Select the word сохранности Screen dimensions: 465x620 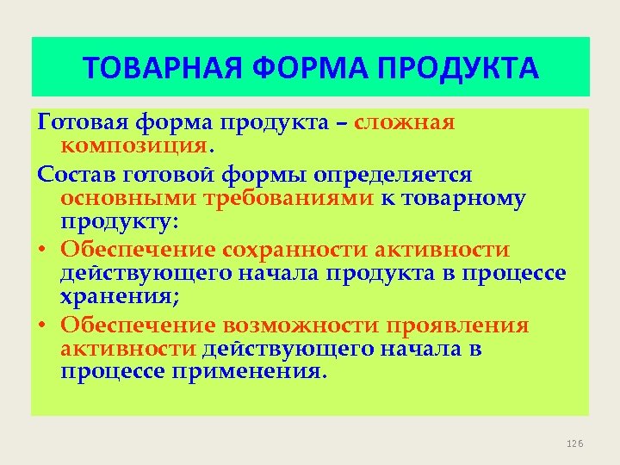295,251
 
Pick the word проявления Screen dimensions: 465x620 457,326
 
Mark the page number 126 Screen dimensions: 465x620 575,443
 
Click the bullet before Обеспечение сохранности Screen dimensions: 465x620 43,251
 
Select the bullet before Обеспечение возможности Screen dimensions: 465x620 43,326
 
